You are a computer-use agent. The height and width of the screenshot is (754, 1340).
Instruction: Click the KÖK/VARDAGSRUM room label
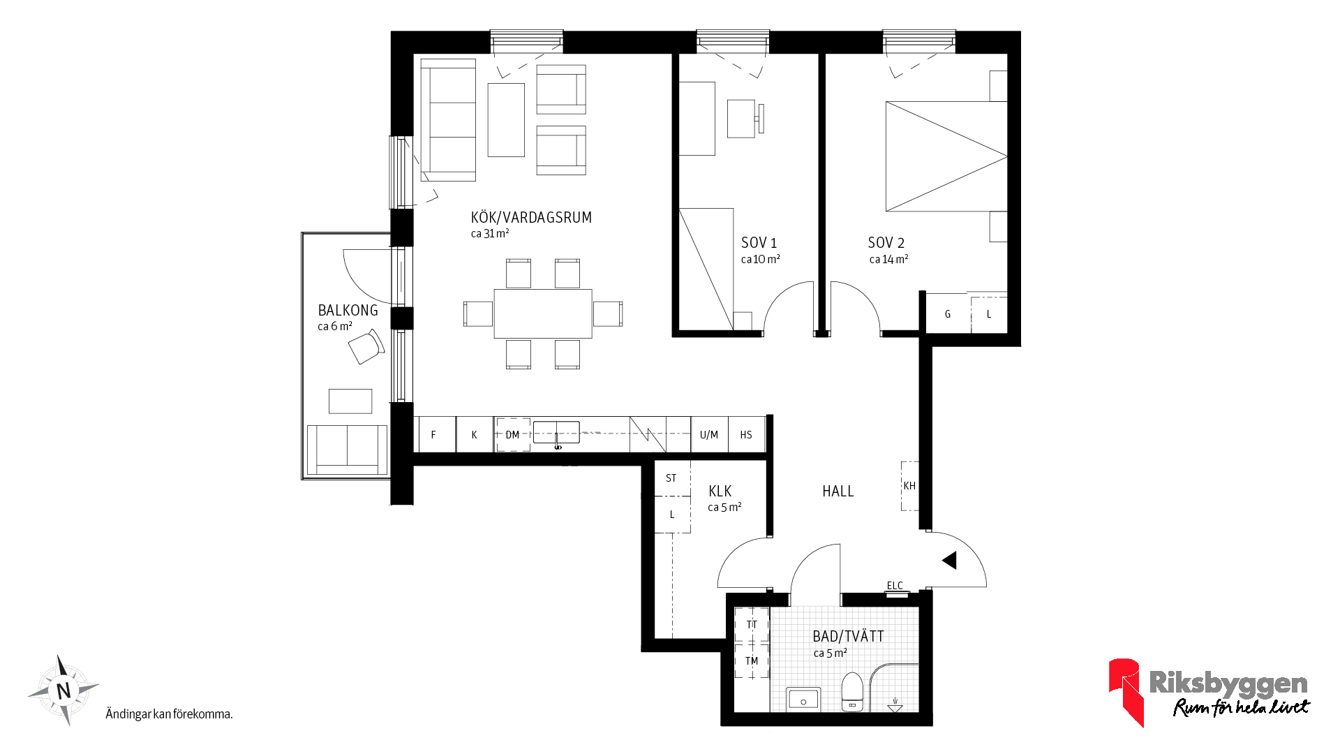[x=531, y=218]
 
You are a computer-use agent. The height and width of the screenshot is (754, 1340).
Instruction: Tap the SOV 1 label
[x=759, y=243]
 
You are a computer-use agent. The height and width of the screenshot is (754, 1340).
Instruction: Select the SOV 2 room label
[x=886, y=243]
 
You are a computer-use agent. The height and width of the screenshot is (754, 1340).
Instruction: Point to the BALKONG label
[x=348, y=311]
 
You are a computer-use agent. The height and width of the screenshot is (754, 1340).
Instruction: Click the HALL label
[x=838, y=491]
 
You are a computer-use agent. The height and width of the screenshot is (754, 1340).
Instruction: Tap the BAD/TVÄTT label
[x=848, y=636]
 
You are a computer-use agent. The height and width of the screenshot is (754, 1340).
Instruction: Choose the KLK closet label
[x=720, y=491]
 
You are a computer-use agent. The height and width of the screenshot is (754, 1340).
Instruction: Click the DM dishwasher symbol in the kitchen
[x=513, y=434]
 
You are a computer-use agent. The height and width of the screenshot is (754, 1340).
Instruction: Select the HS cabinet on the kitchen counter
[x=746, y=434]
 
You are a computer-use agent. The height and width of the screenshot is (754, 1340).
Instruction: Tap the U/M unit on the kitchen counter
[x=709, y=434]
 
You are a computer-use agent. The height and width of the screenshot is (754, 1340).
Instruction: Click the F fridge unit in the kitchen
[x=434, y=434]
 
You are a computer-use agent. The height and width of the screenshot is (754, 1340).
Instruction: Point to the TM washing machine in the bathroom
[x=752, y=660]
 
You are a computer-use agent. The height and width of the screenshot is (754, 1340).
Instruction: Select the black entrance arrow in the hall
[x=949, y=560]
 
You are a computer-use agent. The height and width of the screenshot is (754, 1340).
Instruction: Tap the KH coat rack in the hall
[x=909, y=486]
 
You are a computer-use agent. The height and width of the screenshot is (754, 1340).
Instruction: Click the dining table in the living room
[x=543, y=313]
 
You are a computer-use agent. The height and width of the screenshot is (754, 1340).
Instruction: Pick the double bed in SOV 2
[x=946, y=156]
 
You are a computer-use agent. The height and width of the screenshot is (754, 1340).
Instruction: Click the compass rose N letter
[x=64, y=691]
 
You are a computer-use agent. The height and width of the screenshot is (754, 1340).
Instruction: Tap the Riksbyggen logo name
[x=1228, y=682]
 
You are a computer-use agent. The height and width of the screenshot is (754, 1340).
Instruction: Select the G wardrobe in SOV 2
[x=948, y=313]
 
